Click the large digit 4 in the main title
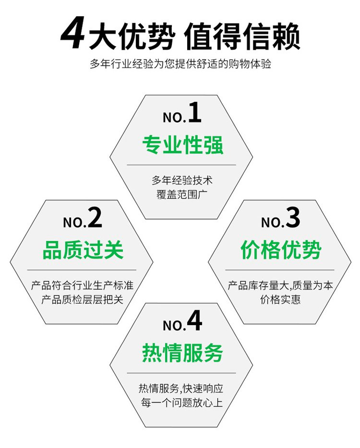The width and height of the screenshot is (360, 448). (x=73, y=35)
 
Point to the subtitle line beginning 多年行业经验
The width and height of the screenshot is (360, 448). (x=180, y=64)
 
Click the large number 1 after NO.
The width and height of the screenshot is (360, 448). (x=195, y=113)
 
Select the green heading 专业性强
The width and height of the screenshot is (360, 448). (x=182, y=145)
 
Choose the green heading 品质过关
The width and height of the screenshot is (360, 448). (x=83, y=250)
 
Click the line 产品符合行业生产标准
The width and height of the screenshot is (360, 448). (x=82, y=285)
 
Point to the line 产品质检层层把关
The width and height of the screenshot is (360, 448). (x=82, y=299)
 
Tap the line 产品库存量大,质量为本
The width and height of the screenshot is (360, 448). (x=280, y=285)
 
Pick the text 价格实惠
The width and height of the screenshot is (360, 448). (x=280, y=299)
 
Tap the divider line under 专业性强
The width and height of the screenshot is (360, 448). (x=181, y=165)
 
